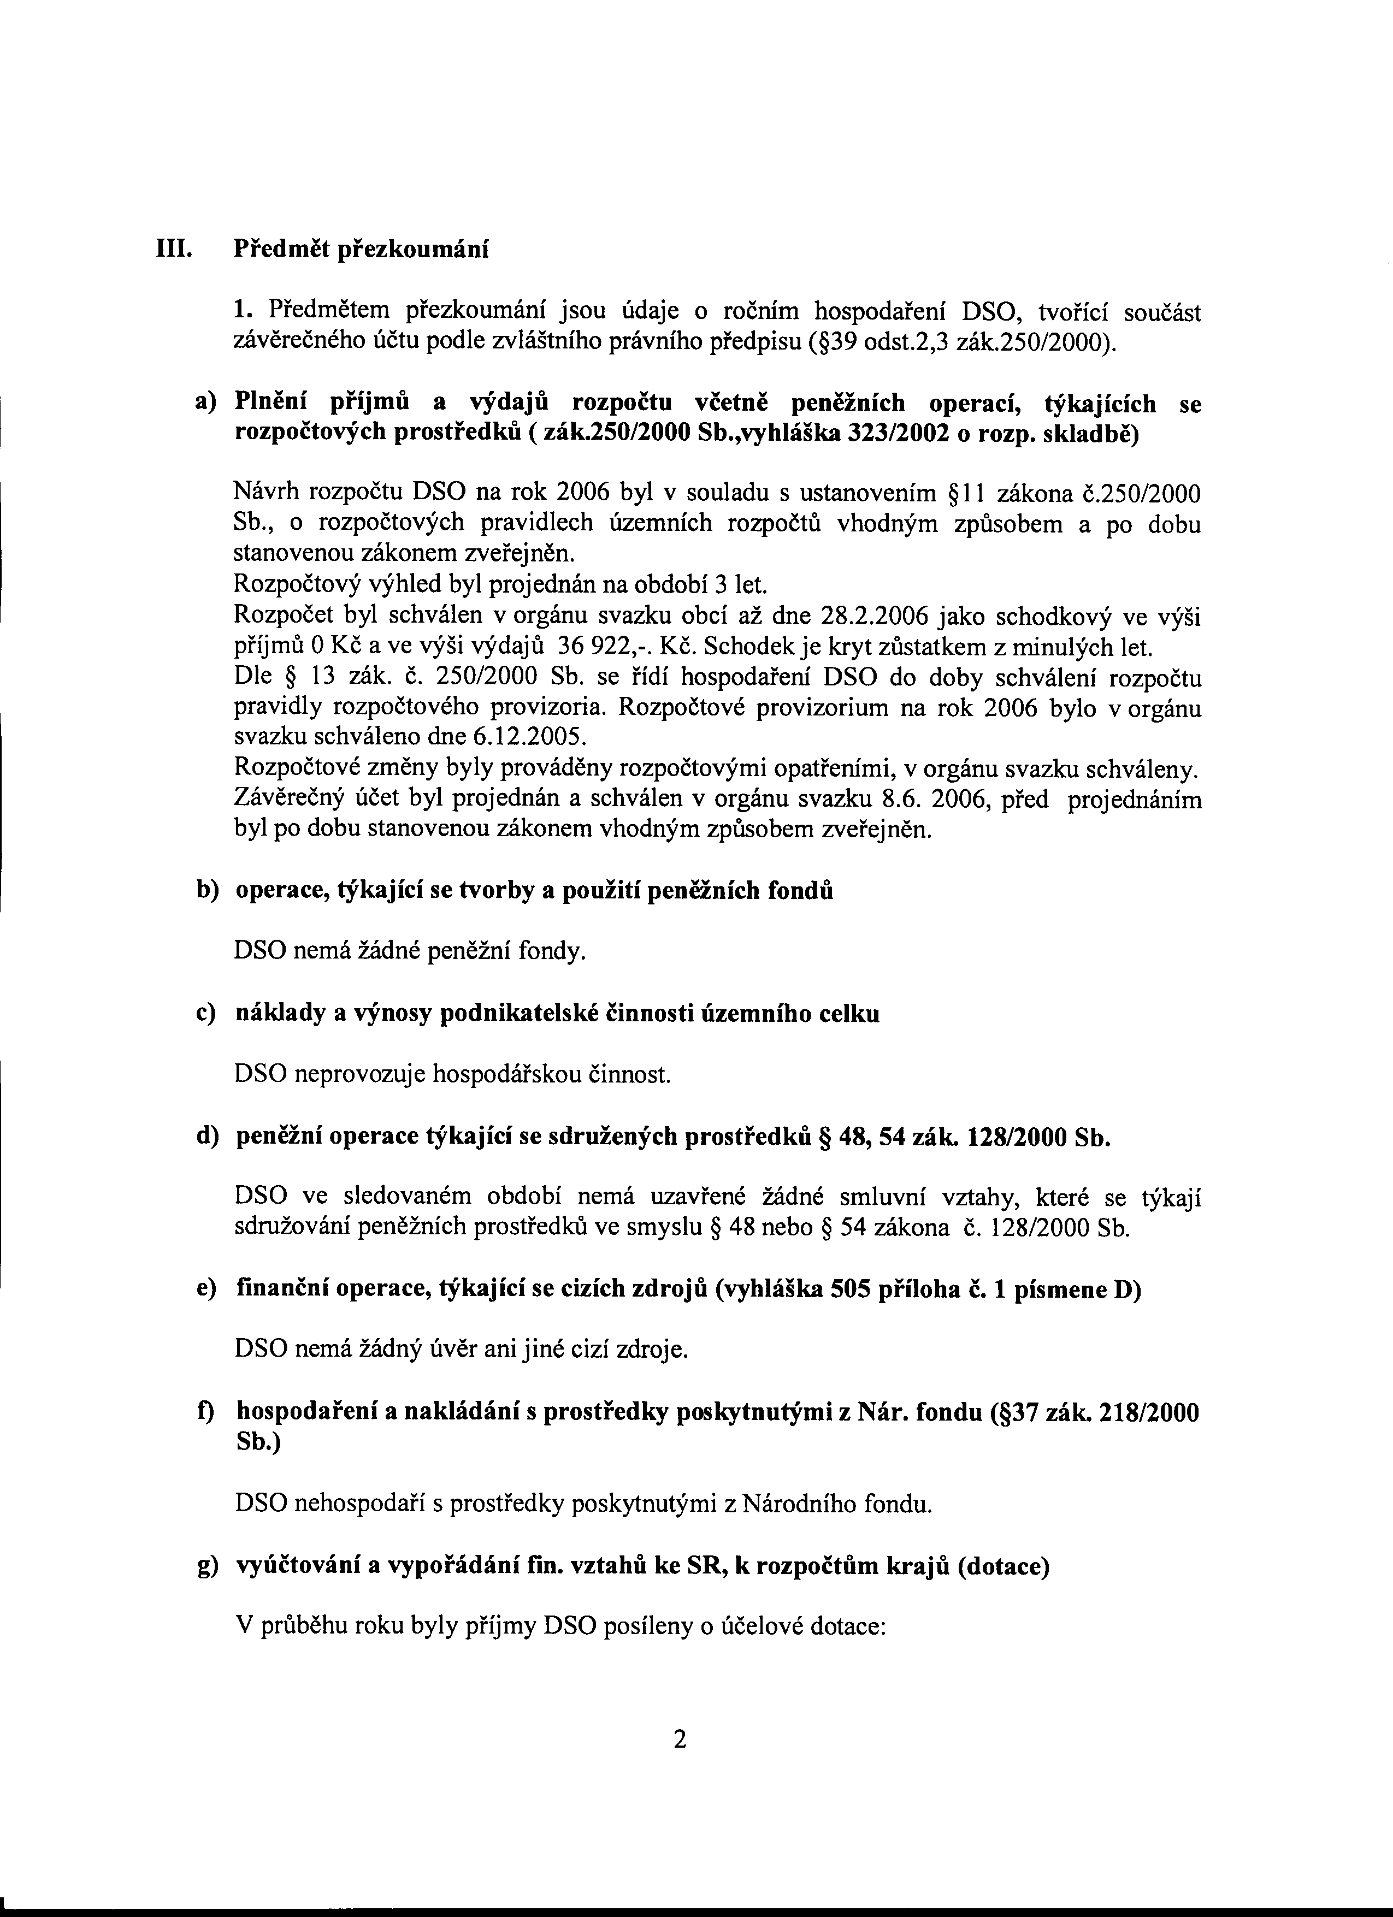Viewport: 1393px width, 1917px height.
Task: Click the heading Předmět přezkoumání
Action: click(x=362, y=251)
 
